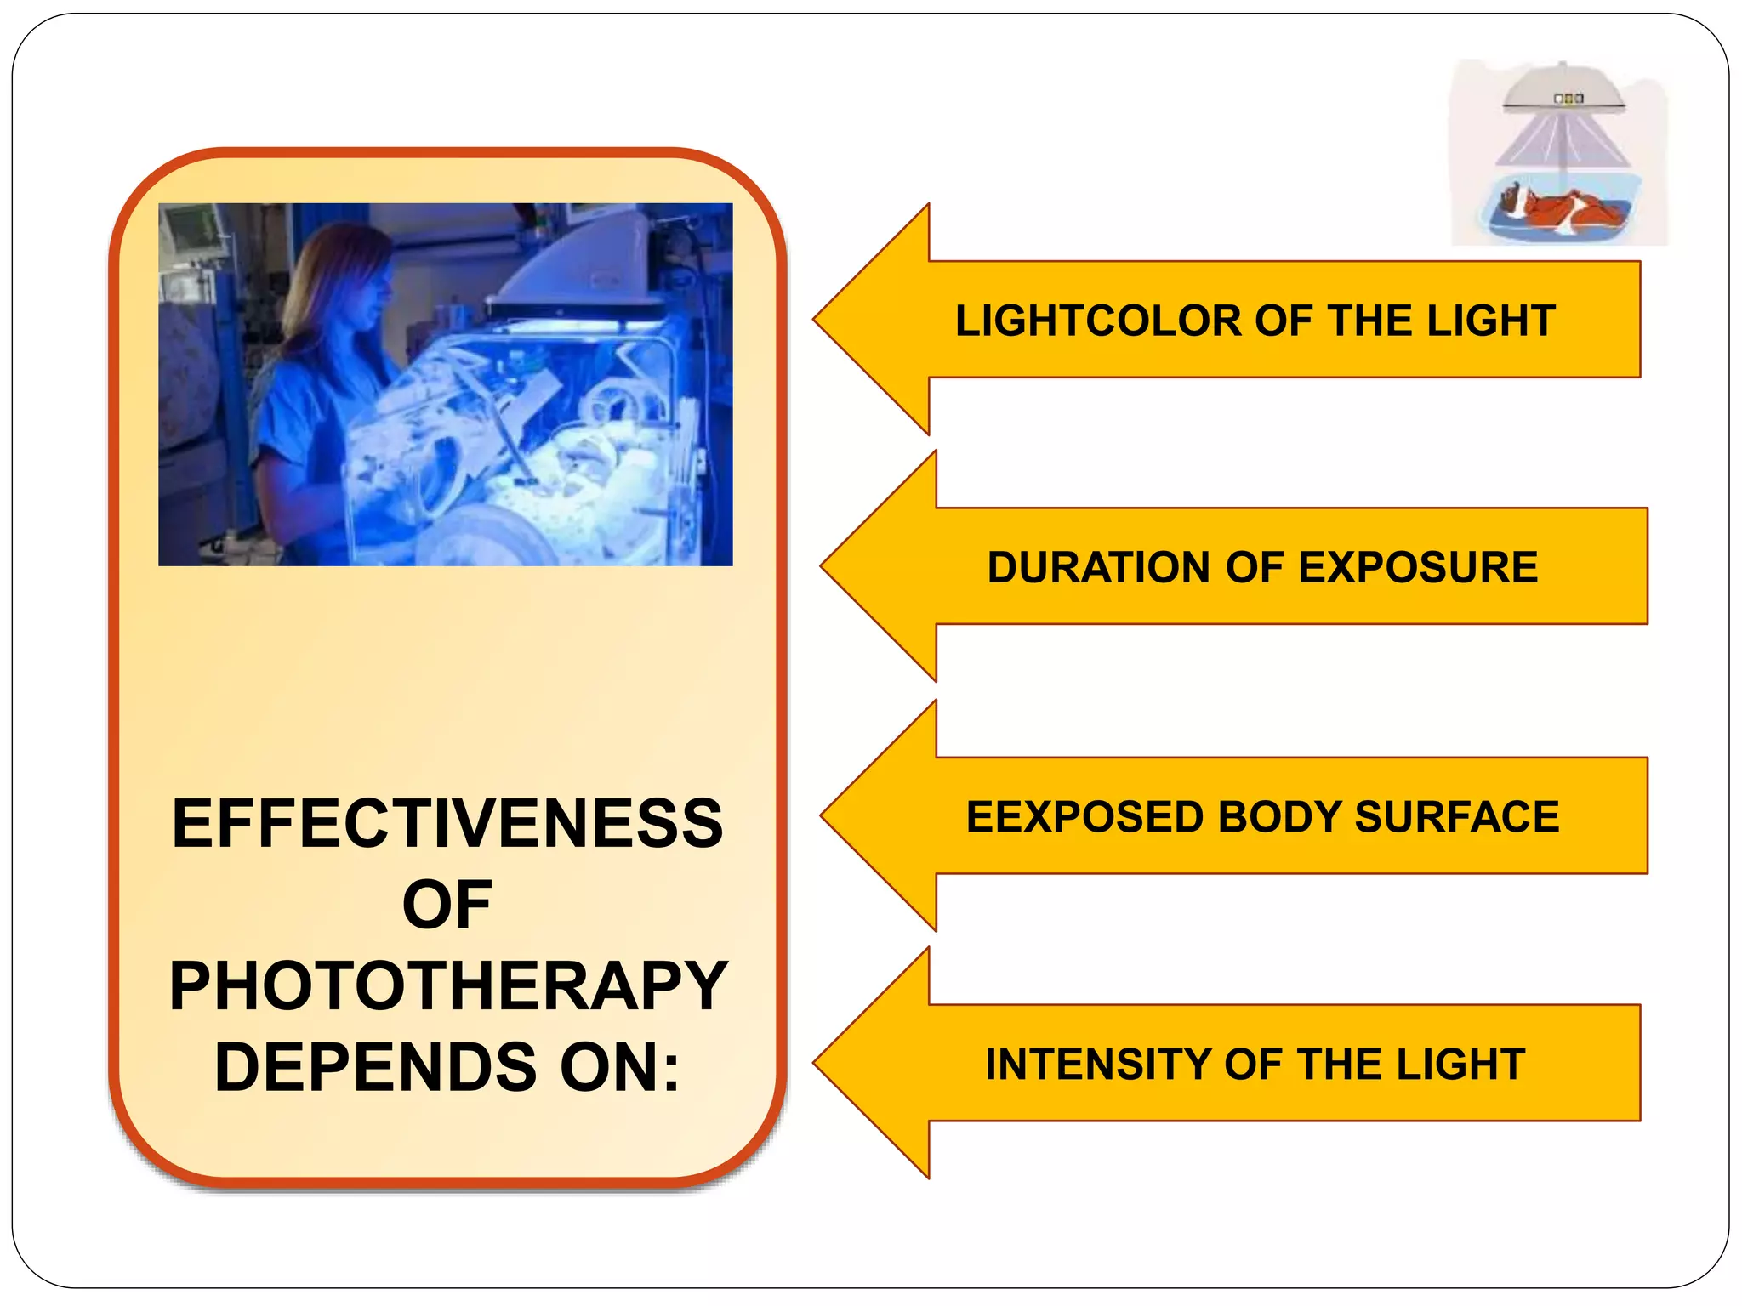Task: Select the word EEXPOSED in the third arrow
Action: pyautogui.click(x=1085, y=817)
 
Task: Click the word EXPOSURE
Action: pyautogui.click(x=1418, y=568)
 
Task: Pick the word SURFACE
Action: pyautogui.click(x=1457, y=817)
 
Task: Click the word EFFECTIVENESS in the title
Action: pyautogui.click(x=447, y=824)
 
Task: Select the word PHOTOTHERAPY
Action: pyautogui.click(x=448, y=986)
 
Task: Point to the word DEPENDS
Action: pyautogui.click(x=375, y=1068)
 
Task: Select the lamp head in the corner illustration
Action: pyautogui.click(x=1563, y=90)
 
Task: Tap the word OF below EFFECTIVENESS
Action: pyautogui.click(x=447, y=906)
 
